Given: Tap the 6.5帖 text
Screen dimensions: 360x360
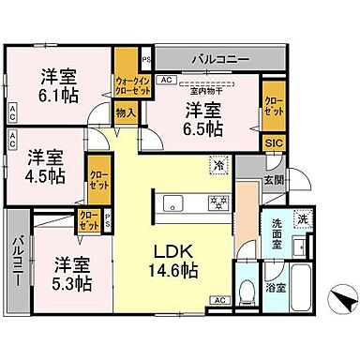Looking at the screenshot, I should (203, 128).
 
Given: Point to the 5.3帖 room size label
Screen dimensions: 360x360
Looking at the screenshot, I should (71, 280).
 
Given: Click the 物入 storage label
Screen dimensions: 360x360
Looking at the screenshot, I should (126, 112).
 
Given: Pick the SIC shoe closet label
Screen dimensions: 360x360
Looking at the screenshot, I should (273, 142).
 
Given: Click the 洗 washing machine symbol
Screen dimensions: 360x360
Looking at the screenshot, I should (302, 219).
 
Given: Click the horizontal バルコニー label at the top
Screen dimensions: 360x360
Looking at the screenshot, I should (220, 59).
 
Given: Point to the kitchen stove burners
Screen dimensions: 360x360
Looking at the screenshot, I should (217, 202).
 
